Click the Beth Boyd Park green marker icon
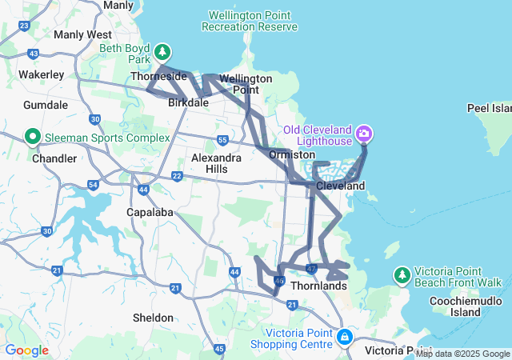(163, 52)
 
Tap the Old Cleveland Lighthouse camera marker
(364, 132)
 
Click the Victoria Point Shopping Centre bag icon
(345, 336)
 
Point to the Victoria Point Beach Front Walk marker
(402, 275)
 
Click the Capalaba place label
(150, 212)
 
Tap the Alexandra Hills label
(216, 163)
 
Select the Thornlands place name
(319, 286)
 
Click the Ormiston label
(288, 154)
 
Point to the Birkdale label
(189, 102)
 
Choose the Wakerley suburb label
(41, 74)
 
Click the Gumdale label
(46, 106)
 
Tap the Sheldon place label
(153, 318)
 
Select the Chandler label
(55, 158)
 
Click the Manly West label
(82, 35)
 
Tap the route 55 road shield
(223, 142)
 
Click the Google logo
(26, 350)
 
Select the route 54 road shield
(93, 185)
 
